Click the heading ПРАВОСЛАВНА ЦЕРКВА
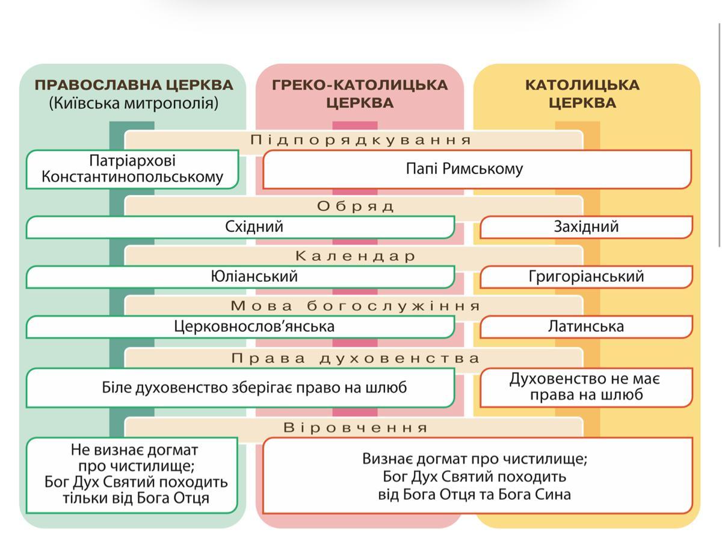pyautogui.click(x=134, y=85)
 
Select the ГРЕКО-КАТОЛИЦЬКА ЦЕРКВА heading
pyautogui.click(x=360, y=93)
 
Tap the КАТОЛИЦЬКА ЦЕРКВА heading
pyautogui.click(x=582, y=93)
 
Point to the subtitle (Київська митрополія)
pyautogui.click(x=134, y=103)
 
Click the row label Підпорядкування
pyautogui.click(x=361, y=140)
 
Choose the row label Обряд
pyautogui.click(x=356, y=207)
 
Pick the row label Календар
pyautogui.click(x=356, y=257)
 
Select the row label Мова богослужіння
pyautogui.click(x=356, y=306)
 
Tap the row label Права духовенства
pyautogui.click(x=356, y=359)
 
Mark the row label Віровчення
pyautogui.click(x=356, y=428)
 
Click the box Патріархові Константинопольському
pyautogui.click(x=132, y=169)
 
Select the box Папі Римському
pyautogui.click(x=464, y=169)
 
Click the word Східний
pyautogui.click(x=254, y=227)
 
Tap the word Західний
pyautogui.click(x=586, y=227)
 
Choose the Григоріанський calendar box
pyautogui.click(x=586, y=276)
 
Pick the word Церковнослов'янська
pyautogui.click(x=254, y=326)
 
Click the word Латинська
pyautogui.click(x=586, y=326)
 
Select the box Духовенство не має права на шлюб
pyautogui.click(x=586, y=387)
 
